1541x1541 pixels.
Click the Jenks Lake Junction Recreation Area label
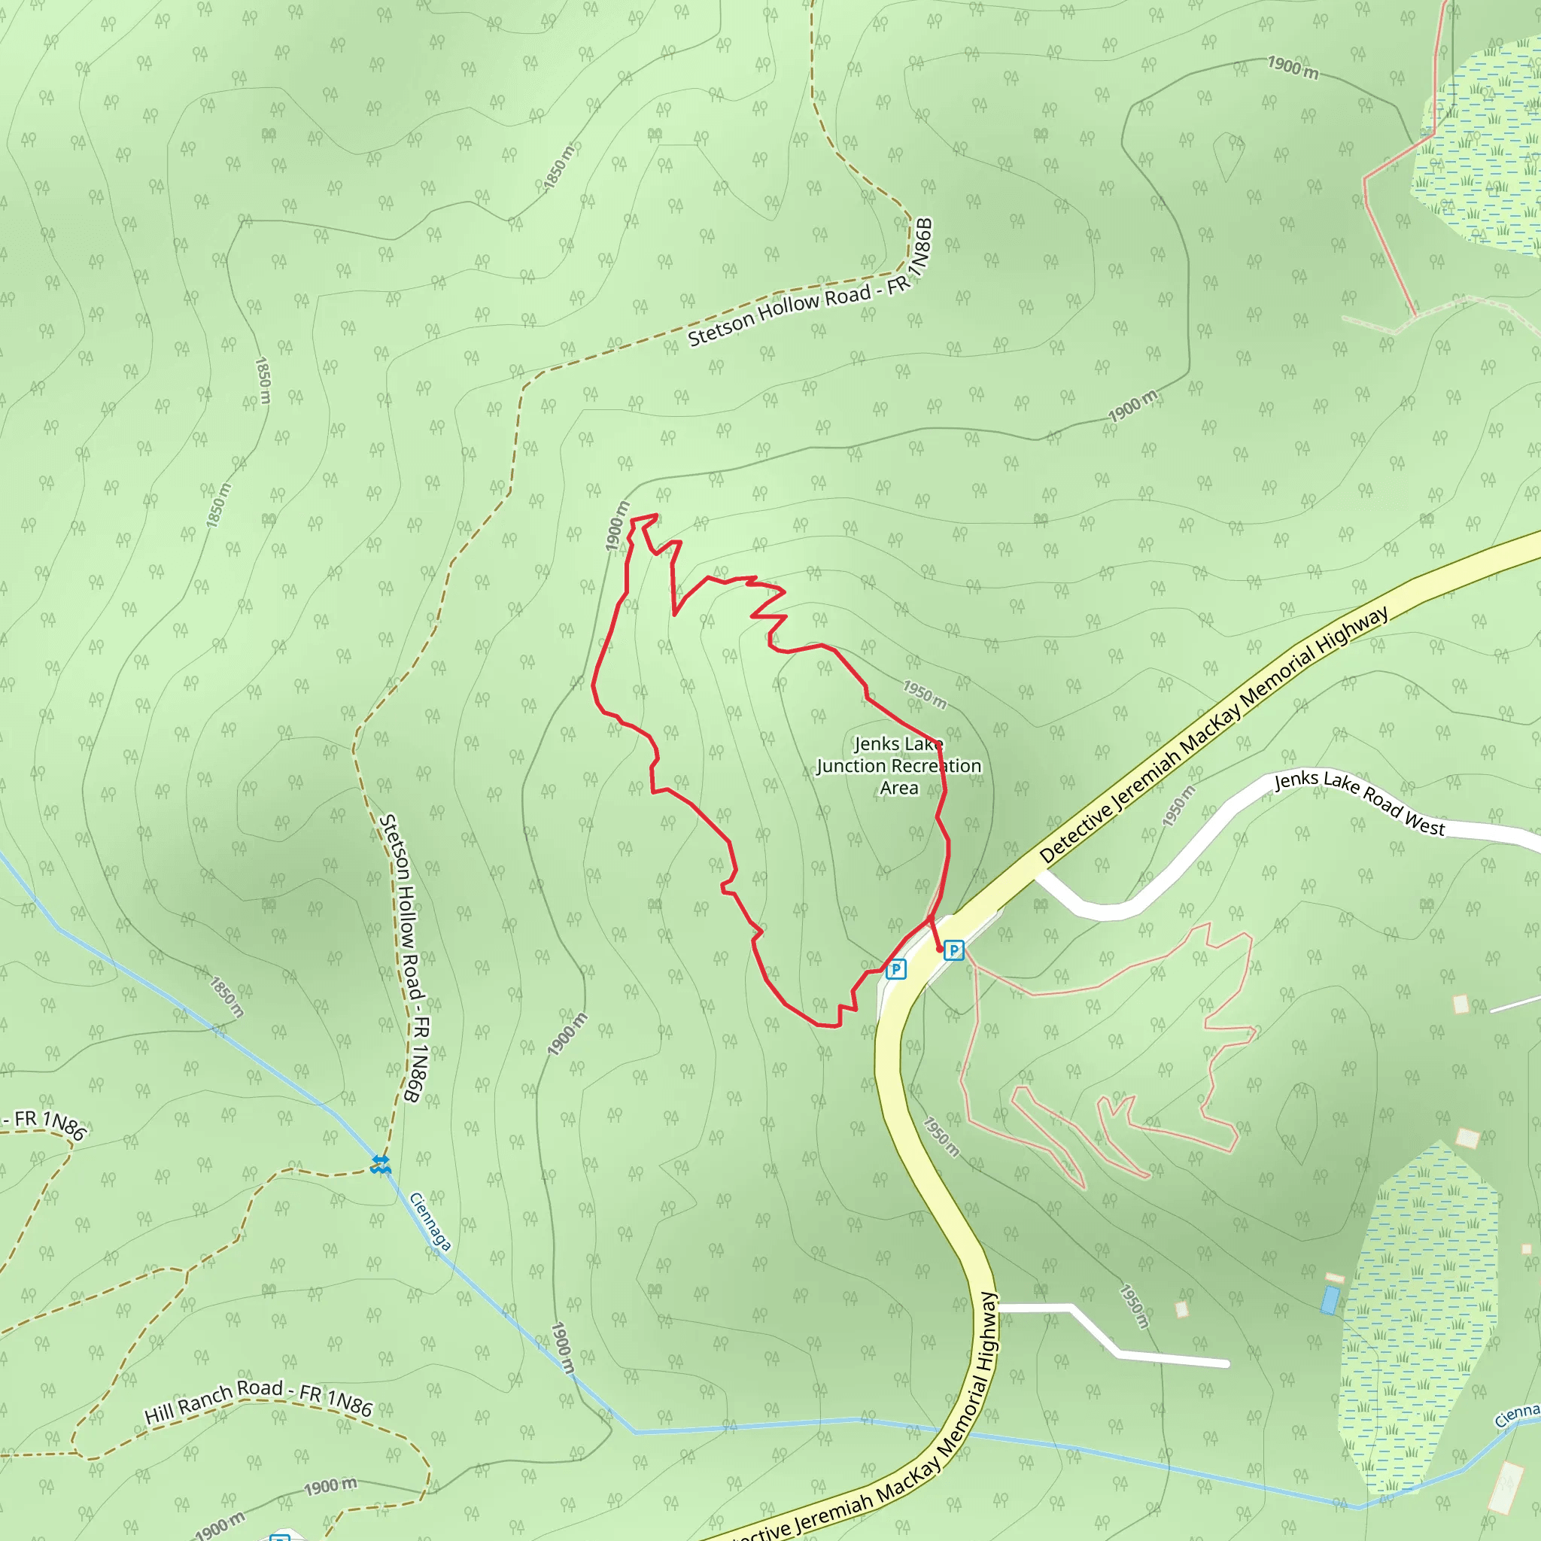click(x=899, y=766)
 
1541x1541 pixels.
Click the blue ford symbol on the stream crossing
click(x=381, y=1164)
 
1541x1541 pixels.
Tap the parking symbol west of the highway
click(x=895, y=969)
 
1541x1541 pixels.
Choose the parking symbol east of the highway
click(x=954, y=950)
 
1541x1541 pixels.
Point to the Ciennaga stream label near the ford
click(x=430, y=1221)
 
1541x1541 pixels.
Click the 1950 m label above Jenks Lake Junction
click(x=925, y=694)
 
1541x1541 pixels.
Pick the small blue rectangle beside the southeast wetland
click(x=1330, y=1299)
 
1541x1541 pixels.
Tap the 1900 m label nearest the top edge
click(x=1292, y=68)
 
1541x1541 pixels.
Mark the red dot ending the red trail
click(x=940, y=949)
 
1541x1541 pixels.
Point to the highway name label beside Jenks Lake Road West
click(x=1212, y=734)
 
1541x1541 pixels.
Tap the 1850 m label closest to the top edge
click(x=559, y=166)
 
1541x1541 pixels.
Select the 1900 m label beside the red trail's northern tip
click(x=617, y=526)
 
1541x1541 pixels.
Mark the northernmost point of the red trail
click(x=655, y=515)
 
